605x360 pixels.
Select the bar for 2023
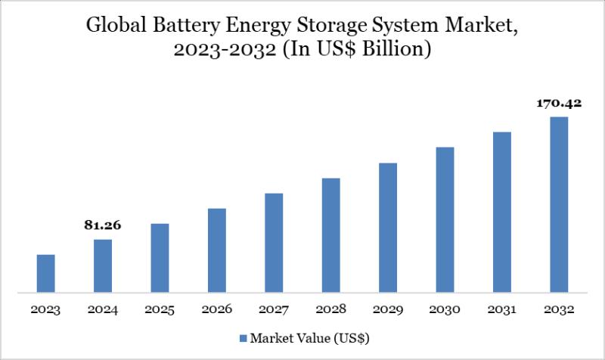(x=45, y=273)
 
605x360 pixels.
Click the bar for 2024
(x=103, y=265)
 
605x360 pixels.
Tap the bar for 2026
(x=216, y=250)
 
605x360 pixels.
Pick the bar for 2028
(x=330, y=234)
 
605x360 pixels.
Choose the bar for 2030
(x=445, y=219)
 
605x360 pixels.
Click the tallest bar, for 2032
(x=559, y=204)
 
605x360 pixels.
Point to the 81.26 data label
(x=103, y=225)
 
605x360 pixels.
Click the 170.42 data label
(x=559, y=103)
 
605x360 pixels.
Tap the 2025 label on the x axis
(x=160, y=310)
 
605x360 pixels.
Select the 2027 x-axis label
(x=274, y=310)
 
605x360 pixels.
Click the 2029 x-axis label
(x=388, y=310)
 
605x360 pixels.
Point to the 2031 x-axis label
(x=502, y=310)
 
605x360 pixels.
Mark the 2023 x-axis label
(x=45, y=310)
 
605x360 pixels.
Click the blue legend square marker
(x=244, y=337)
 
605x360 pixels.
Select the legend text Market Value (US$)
(x=310, y=337)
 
